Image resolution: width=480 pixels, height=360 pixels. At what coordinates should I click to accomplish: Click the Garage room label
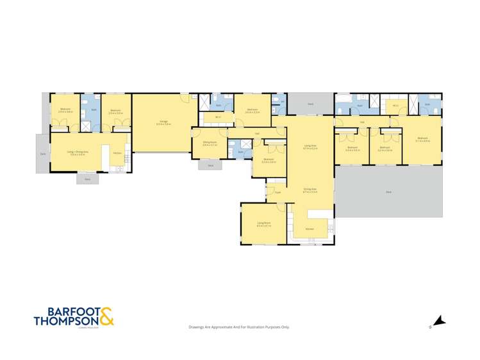tap(165, 122)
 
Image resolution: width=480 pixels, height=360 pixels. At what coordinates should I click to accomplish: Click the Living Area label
tap(310, 147)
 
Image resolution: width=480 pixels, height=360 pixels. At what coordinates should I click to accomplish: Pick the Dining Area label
tap(310, 190)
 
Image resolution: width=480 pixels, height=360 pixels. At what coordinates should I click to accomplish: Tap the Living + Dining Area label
tap(77, 152)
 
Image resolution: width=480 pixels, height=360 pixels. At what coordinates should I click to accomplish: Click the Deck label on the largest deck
tap(388, 192)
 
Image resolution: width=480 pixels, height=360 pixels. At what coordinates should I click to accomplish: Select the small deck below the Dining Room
tap(210, 165)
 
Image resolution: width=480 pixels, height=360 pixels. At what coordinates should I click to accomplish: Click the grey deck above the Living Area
tap(310, 102)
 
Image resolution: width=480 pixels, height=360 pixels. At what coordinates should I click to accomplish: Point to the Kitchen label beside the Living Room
tap(309, 229)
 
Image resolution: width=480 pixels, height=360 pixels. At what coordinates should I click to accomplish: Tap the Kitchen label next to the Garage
tap(117, 153)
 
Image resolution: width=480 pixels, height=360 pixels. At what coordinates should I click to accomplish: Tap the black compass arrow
tap(439, 321)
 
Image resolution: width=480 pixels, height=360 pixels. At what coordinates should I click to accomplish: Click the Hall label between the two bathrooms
tap(361, 122)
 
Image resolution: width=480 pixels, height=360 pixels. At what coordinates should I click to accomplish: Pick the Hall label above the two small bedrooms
tap(361, 122)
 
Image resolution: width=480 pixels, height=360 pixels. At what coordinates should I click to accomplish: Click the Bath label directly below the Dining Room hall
tap(241, 152)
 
